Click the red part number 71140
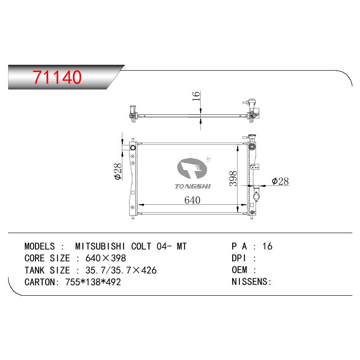57,77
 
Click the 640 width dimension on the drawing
193,200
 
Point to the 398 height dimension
233,178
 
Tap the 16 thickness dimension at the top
196,96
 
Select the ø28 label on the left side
117,171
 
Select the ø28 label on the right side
280,181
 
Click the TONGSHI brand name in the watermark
193,186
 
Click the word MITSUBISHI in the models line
100,246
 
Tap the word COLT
141,246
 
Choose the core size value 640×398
106,258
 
